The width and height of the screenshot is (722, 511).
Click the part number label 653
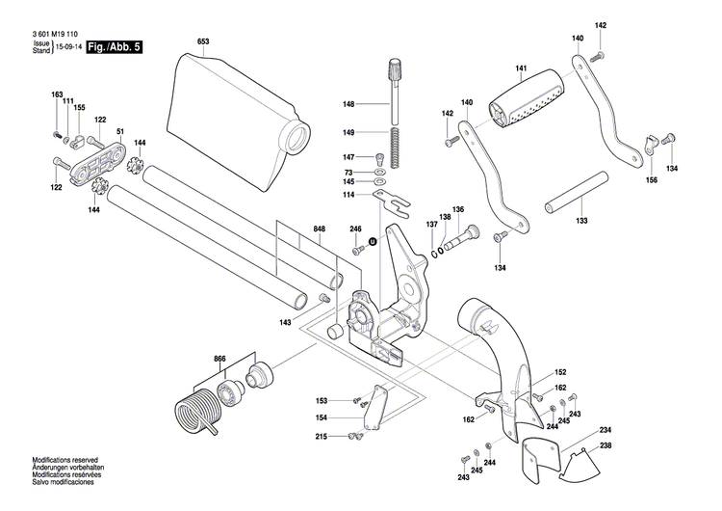click(x=203, y=42)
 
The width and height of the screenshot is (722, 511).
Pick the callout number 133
click(x=580, y=221)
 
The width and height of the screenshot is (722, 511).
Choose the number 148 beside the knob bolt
click(x=348, y=104)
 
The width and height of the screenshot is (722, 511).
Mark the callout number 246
click(x=355, y=229)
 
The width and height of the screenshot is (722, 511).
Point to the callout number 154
click(x=348, y=417)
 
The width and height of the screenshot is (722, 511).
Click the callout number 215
click(x=348, y=437)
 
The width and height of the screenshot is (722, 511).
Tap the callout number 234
click(x=606, y=429)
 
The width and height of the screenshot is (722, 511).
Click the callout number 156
click(x=652, y=180)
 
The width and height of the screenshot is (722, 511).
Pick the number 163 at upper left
click(x=57, y=94)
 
